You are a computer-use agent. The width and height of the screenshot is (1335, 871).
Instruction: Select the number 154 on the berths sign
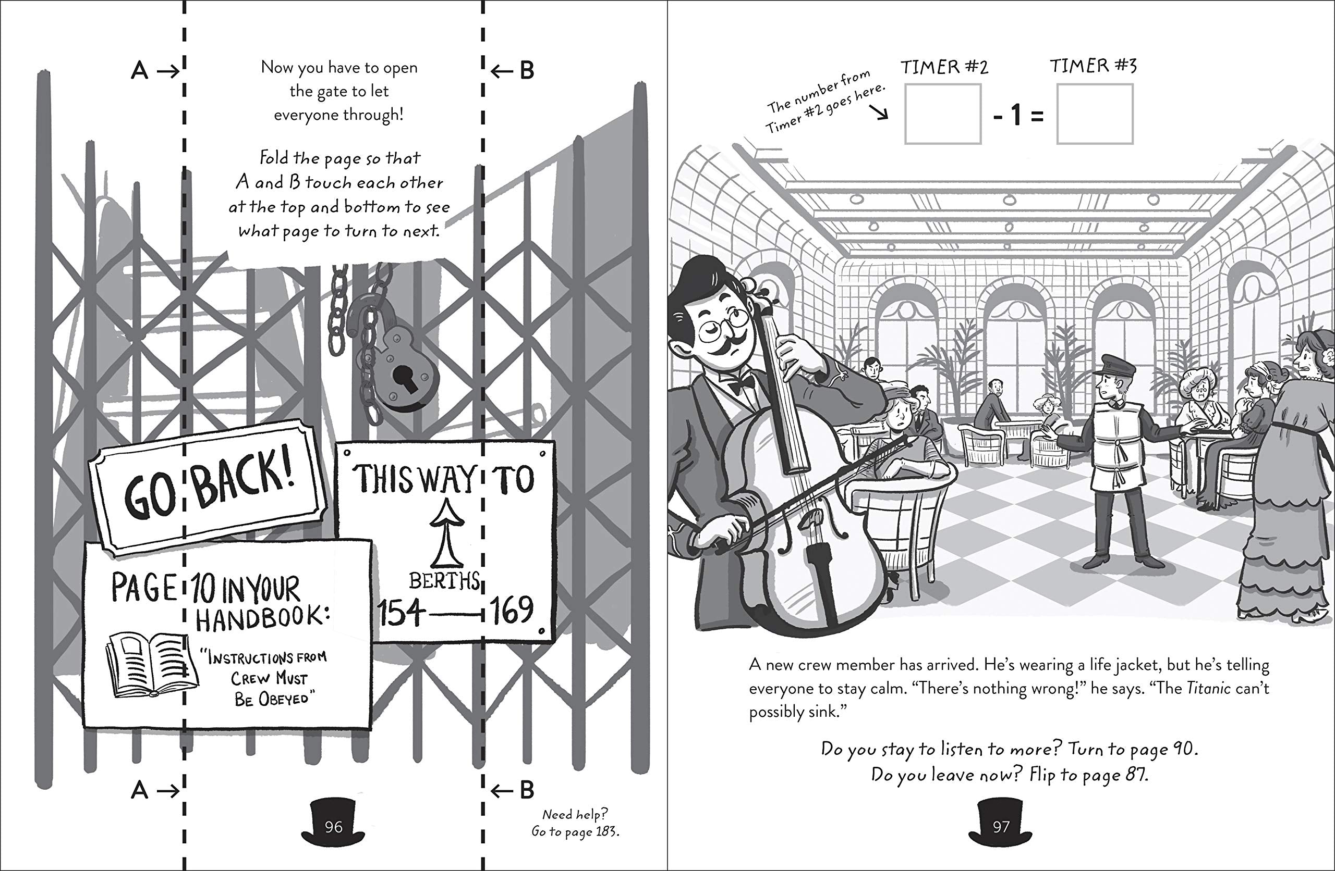tap(400, 612)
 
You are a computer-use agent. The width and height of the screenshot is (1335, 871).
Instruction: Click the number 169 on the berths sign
tap(512, 610)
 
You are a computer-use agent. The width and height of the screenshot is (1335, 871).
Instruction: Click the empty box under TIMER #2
tap(942, 114)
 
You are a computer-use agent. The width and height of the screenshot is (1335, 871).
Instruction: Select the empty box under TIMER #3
tap(1095, 114)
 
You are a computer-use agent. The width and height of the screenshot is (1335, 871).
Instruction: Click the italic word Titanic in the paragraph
tap(1208, 688)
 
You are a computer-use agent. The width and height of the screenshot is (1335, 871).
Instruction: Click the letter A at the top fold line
tap(139, 71)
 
